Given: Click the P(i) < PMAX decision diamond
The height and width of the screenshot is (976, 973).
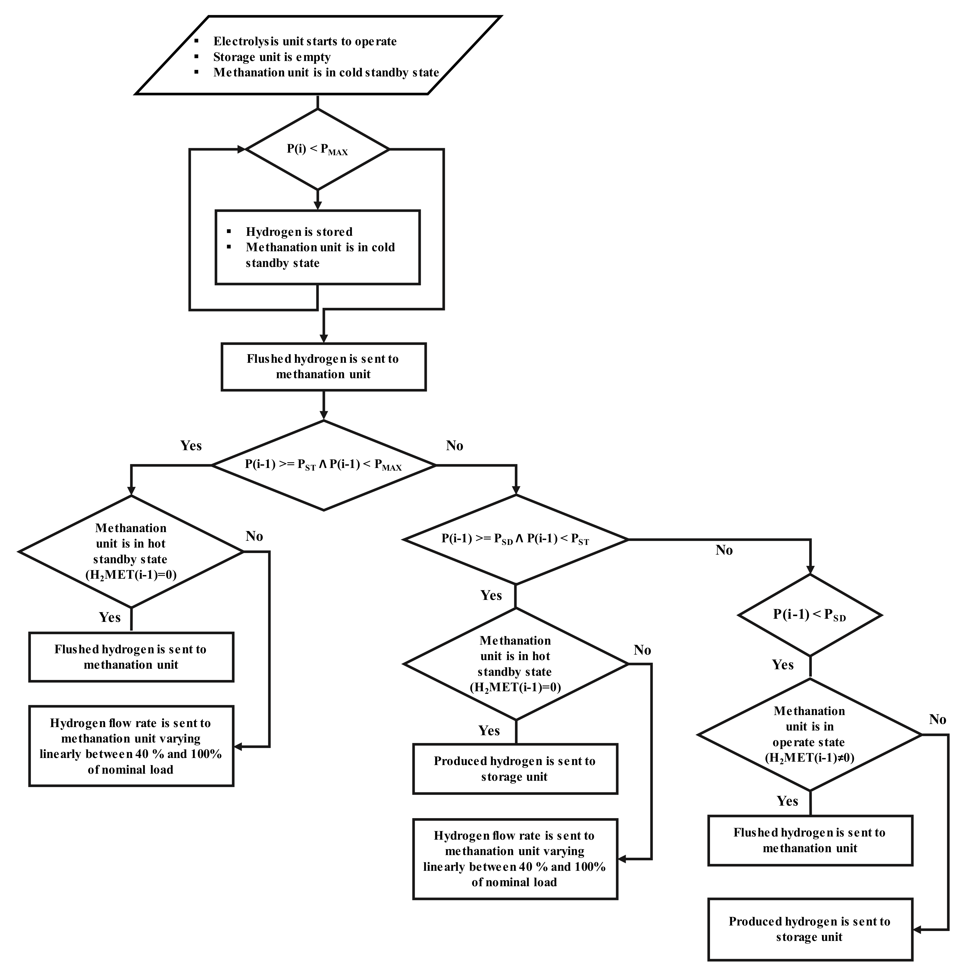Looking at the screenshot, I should (317, 149).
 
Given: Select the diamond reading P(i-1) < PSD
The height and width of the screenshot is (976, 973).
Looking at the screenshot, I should (810, 615).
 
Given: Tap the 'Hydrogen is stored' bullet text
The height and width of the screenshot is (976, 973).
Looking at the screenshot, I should (299, 232).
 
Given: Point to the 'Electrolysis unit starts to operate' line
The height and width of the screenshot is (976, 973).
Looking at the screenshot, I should (305, 41).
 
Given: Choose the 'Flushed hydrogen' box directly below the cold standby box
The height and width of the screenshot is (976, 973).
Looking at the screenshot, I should (323, 367).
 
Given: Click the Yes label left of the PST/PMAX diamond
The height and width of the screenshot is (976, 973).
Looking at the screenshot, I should (191, 445).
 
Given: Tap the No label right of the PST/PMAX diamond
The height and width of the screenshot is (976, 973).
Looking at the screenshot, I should (454, 445).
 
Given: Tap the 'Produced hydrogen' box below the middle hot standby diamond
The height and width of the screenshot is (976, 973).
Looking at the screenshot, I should (515, 769).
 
